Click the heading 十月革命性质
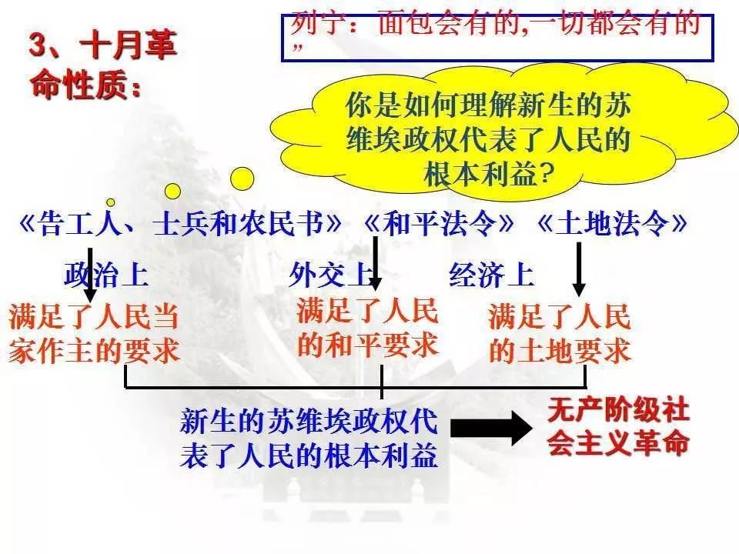(x=102, y=65)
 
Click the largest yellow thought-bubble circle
(x=242, y=179)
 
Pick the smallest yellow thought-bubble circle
(x=111, y=202)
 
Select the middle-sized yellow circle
(x=172, y=192)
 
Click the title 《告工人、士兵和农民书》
(x=180, y=223)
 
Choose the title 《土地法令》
(x=612, y=223)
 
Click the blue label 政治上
(x=106, y=275)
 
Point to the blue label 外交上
(x=331, y=275)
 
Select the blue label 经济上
(x=492, y=275)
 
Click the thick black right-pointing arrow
(x=492, y=429)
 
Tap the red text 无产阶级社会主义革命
(x=618, y=427)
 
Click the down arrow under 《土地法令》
(x=579, y=269)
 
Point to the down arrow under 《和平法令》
(x=375, y=263)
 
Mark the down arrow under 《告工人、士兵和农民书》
(x=90, y=275)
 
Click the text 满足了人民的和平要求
(x=368, y=328)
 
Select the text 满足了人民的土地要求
(x=560, y=333)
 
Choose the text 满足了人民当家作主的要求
(x=94, y=333)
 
